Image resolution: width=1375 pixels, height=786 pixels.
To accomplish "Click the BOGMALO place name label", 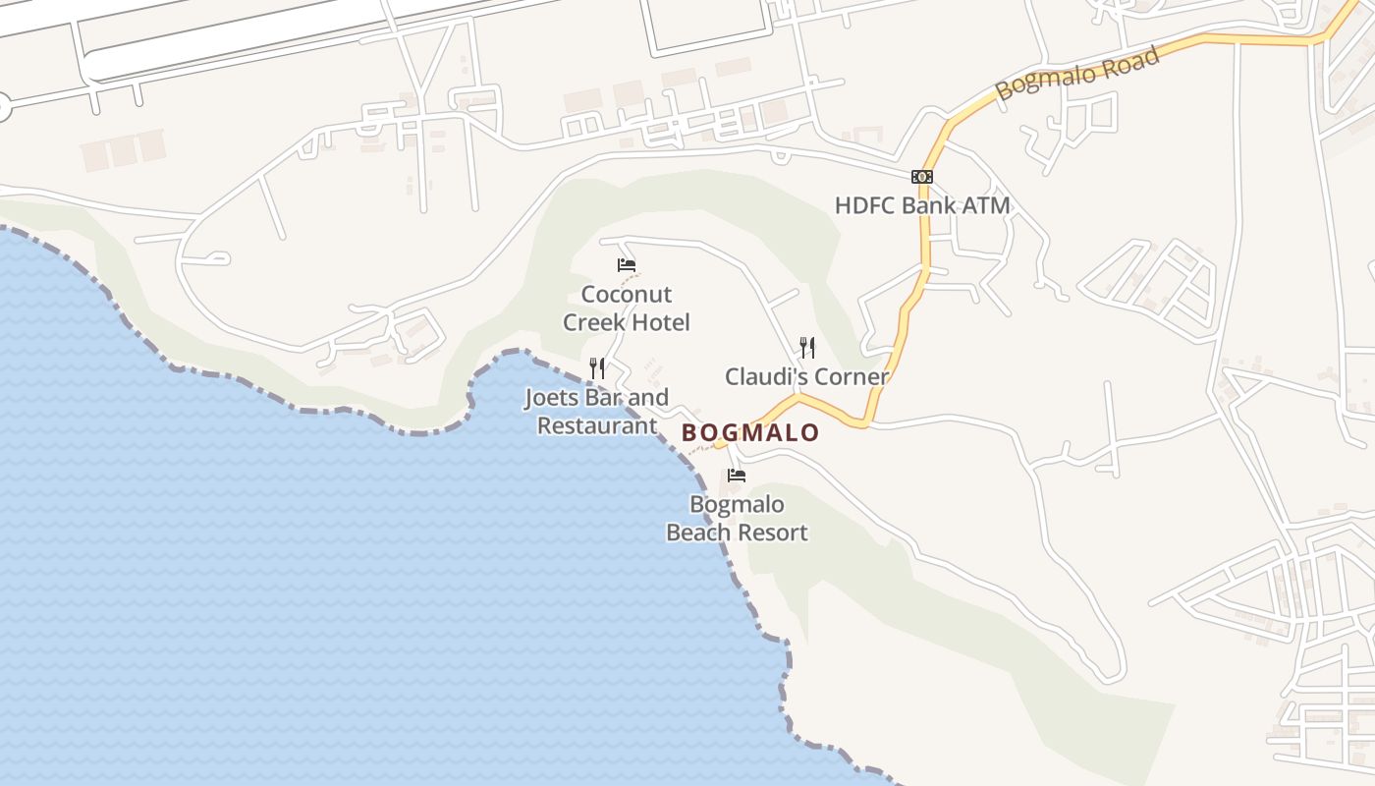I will click(x=750, y=432).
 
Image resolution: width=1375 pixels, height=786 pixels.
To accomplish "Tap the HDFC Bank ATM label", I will click(x=922, y=205).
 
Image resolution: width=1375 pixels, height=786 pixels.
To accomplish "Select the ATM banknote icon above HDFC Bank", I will click(x=921, y=177).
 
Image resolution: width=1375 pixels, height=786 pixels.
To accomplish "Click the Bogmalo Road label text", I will click(x=1077, y=71).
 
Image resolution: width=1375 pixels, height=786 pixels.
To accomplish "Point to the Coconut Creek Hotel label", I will click(x=627, y=309).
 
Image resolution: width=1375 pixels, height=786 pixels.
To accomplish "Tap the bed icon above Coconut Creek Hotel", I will click(x=627, y=265).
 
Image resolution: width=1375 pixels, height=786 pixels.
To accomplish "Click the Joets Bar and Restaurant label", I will click(x=597, y=412).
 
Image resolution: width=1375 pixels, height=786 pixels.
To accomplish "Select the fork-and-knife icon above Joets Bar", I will click(x=597, y=368).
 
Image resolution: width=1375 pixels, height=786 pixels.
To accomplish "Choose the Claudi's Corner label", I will click(x=806, y=376).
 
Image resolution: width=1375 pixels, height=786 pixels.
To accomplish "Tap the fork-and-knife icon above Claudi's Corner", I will click(x=807, y=347).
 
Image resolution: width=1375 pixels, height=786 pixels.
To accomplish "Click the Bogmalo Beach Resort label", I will click(x=737, y=519).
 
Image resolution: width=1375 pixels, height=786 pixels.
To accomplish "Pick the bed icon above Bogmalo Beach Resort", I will click(x=737, y=476).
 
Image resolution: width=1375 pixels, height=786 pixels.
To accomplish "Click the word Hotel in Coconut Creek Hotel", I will click(x=661, y=322).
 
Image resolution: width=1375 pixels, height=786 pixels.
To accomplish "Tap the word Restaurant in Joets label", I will click(x=597, y=425).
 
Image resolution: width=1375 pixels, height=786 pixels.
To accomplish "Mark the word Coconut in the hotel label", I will click(x=627, y=295).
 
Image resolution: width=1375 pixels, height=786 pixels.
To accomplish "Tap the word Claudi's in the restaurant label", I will click(x=764, y=376).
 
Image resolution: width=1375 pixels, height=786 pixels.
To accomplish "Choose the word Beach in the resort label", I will click(x=698, y=533).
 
